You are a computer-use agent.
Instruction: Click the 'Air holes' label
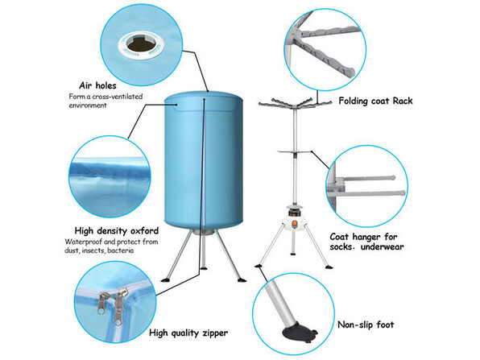(x=97, y=85)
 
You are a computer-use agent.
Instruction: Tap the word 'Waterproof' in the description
(x=86, y=242)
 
